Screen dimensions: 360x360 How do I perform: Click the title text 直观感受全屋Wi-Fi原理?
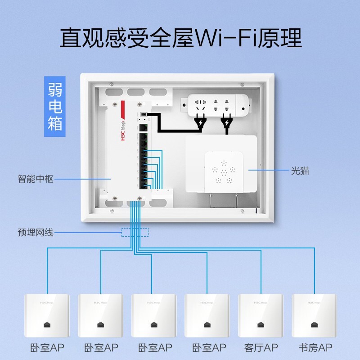point(180,38)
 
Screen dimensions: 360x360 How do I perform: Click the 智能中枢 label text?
point(36,179)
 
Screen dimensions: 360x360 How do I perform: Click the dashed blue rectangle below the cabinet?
point(135,232)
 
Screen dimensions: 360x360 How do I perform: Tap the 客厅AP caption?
point(261,348)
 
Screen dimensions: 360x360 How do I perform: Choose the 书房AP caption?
point(315,348)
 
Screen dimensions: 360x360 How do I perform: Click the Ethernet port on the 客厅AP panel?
point(260,324)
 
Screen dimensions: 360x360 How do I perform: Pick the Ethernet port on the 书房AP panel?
point(314,324)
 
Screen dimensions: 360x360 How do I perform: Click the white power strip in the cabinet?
point(215,104)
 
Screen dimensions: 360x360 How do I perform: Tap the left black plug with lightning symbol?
point(200,122)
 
